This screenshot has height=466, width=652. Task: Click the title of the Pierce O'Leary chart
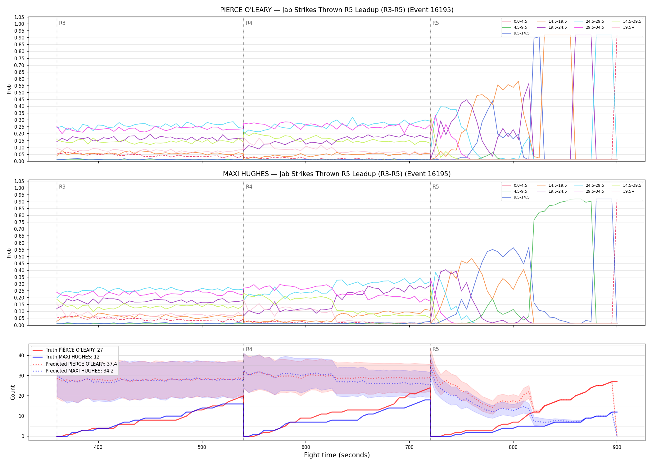(x=337, y=10)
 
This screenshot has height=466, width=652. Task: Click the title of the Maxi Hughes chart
(x=337, y=174)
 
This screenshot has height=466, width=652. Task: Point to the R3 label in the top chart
(x=62, y=23)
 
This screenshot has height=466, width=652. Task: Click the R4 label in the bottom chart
(x=249, y=349)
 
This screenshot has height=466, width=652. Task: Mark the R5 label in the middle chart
(x=436, y=187)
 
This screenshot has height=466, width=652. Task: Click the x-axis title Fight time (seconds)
(x=337, y=455)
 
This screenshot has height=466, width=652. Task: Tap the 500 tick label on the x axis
(x=202, y=447)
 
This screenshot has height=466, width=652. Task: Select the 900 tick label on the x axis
(x=617, y=447)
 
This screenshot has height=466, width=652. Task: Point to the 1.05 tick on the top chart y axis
(x=19, y=17)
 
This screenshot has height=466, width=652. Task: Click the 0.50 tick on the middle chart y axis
(x=19, y=257)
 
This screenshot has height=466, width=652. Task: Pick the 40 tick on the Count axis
(x=21, y=355)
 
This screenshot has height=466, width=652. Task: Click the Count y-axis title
(x=13, y=392)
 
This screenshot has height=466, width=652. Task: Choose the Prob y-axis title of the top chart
(x=9, y=89)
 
